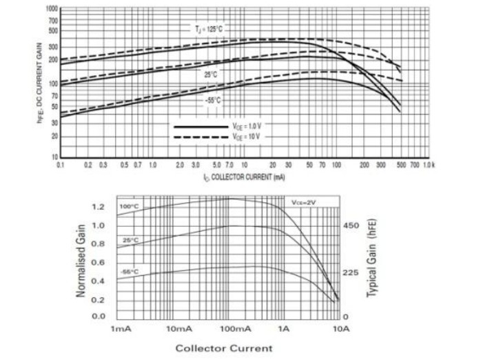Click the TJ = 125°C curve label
click(x=208, y=29)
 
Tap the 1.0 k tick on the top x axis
click(x=428, y=166)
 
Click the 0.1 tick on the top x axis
click(x=61, y=166)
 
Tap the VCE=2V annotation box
click(x=303, y=202)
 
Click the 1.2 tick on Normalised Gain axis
click(x=99, y=207)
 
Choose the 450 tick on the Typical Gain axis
click(x=351, y=226)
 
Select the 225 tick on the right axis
click(x=351, y=272)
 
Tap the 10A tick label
click(x=341, y=328)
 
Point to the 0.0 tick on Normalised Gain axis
click(x=99, y=317)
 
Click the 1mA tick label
click(x=121, y=328)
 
